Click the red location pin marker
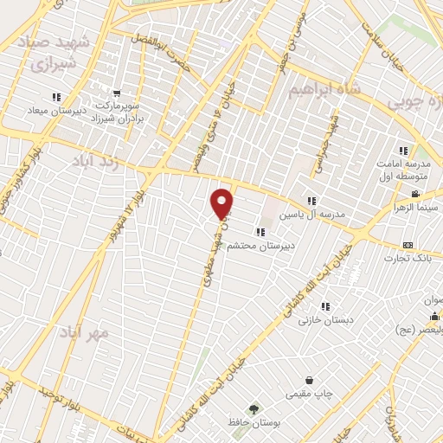(222, 202)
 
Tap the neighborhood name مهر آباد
(83, 331)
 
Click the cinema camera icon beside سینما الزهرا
(415, 194)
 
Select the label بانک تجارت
(412, 258)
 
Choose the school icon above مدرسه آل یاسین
(312, 201)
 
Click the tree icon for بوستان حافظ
(254, 408)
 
